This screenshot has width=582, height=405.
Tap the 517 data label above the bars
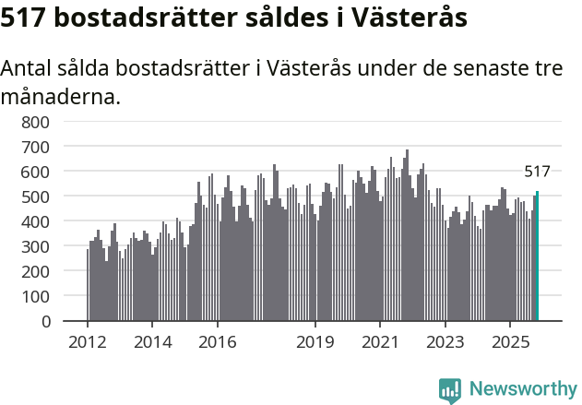coord(537,172)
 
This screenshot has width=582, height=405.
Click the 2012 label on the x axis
coord(88,342)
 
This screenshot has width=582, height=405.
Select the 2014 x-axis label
coord(153,342)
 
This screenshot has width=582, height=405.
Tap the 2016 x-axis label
coord(218,342)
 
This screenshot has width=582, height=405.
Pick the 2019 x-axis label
coord(315,342)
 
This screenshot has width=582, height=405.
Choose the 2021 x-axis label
coord(380,342)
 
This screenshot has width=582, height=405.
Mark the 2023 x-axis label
coord(445,342)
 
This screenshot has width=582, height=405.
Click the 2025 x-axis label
coord(510,342)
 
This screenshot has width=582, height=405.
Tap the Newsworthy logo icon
coord(449,390)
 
